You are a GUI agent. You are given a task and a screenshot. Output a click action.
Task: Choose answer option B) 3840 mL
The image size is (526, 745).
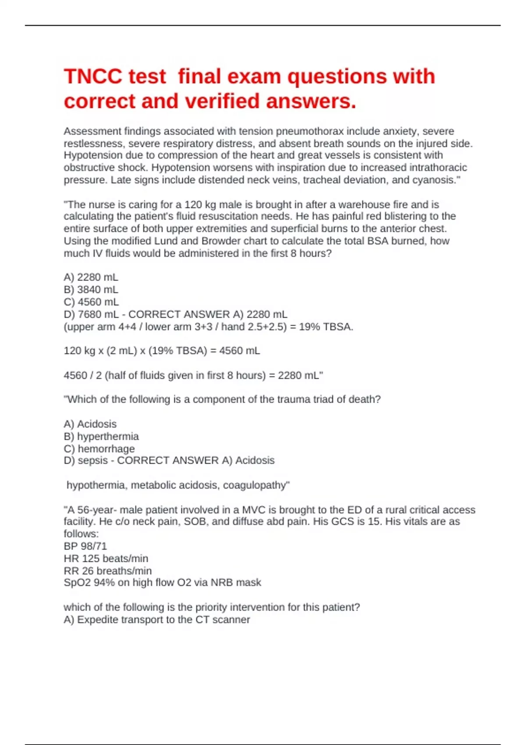(x=91, y=289)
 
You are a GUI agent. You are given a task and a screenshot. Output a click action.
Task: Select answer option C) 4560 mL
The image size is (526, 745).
(x=91, y=302)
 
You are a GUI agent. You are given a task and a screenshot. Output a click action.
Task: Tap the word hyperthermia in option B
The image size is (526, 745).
(x=108, y=436)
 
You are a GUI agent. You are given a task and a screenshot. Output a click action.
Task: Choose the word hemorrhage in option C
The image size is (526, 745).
(x=106, y=448)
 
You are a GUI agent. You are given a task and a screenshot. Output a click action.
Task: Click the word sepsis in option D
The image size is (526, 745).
(x=92, y=460)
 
